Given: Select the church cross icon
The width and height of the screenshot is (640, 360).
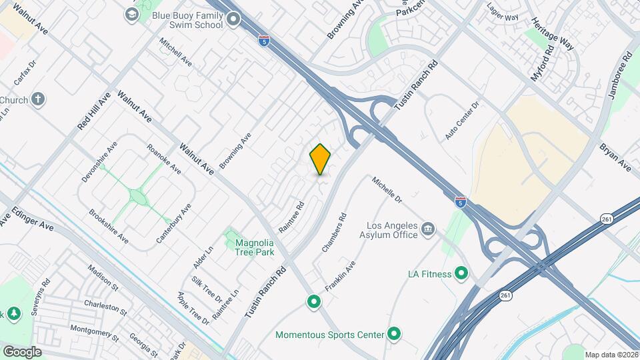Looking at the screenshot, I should pos(38,100).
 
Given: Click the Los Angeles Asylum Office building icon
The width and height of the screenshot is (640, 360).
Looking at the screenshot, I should pos(427,230).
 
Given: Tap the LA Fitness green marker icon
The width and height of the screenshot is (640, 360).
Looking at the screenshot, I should pos(460,273).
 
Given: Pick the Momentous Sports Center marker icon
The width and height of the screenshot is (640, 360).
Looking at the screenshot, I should pos(394,334).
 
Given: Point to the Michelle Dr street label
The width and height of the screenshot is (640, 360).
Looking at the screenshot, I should pos(387,190).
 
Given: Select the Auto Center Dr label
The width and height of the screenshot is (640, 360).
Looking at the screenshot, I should pos(463,121).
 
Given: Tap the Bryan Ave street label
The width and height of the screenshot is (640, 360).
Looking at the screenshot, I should pos(613,155).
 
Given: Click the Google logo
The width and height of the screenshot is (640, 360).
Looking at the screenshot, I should pos(21,352).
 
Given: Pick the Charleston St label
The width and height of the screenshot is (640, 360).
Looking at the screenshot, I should pos(105,307).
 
